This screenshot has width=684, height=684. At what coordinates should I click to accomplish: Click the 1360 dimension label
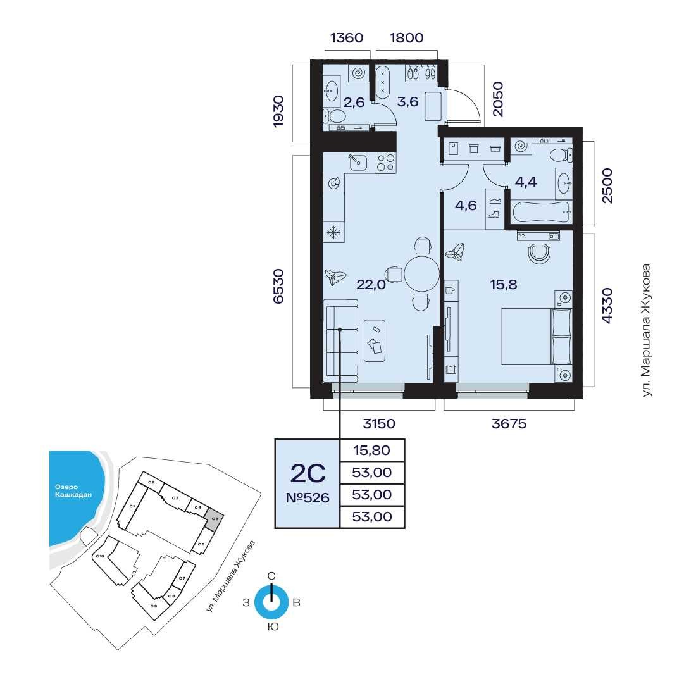coord(347,37)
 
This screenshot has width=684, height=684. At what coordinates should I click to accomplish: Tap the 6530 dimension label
coord(278,286)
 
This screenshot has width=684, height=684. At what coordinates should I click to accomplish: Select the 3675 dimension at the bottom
coord(509,423)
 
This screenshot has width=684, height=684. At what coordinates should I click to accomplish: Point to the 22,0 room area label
coord(371,284)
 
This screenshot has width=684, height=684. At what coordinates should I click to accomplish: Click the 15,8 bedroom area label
coord(504,284)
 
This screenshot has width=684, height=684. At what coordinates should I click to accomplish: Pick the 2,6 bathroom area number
coord(354,103)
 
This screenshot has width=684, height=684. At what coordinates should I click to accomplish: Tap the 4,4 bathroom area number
coord(526,182)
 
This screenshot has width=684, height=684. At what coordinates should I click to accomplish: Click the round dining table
coord(421,274)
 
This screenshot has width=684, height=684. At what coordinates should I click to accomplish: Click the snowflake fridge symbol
coord(334,232)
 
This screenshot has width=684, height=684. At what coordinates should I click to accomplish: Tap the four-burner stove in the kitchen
coord(385,162)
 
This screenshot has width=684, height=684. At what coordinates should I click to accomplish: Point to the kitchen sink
coord(358,162)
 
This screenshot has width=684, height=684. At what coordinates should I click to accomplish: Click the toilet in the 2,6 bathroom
coord(334,116)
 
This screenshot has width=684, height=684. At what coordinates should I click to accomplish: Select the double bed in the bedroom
coord(537,337)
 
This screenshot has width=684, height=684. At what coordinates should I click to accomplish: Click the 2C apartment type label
coord(308,473)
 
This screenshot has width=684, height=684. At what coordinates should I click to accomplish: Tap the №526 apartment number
coord(308,498)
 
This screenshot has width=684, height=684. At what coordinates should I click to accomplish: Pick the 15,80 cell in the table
coord(371,450)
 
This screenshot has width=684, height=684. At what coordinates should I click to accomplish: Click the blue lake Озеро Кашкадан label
coord(73,491)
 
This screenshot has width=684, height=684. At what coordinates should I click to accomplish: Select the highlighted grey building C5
coord(215,519)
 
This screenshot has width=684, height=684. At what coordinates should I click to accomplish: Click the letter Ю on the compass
coord(272,627)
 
